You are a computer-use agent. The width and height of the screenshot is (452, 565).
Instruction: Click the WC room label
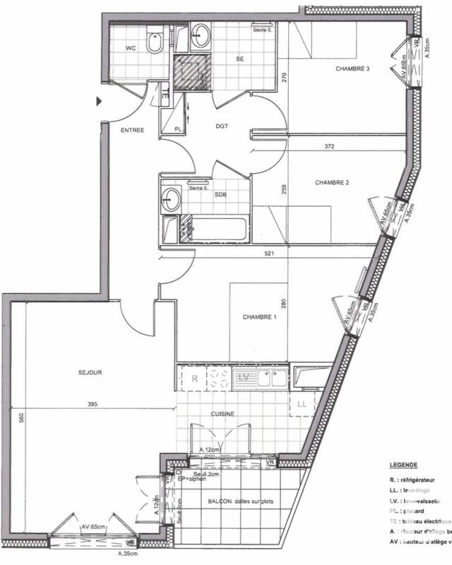[x=131, y=48]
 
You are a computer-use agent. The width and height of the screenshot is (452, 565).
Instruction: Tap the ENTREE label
[x=132, y=130]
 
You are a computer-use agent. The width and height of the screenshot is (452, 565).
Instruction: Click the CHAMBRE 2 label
[x=332, y=182]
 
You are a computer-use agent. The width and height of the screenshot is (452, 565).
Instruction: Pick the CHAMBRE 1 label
[x=260, y=317]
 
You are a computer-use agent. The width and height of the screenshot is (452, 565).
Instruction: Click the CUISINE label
[x=222, y=414]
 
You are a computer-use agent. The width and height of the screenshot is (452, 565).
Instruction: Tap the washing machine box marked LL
[x=302, y=403]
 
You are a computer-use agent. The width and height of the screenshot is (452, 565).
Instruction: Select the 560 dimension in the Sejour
[x=21, y=417]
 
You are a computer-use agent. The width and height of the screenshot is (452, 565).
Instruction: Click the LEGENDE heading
[x=403, y=465]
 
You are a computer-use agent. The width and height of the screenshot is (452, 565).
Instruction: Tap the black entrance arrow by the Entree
[x=100, y=102]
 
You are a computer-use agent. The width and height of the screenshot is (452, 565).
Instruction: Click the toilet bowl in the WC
[x=154, y=44]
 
